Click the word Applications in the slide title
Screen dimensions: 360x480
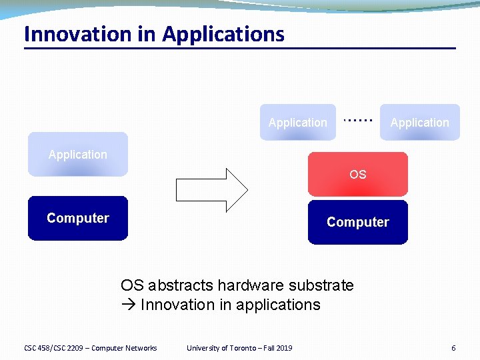pos(223,34)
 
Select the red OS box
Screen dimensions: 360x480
pos(357,174)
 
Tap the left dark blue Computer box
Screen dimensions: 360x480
pos(77,218)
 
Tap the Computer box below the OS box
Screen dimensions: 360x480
pos(357,222)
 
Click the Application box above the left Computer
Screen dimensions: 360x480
pos(77,155)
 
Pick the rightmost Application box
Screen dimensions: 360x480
pos(419,123)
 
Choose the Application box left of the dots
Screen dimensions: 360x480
pos(297,123)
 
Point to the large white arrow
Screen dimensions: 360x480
pos(211,190)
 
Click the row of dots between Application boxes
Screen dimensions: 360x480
pos(357,120)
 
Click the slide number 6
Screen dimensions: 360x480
pos(453,348)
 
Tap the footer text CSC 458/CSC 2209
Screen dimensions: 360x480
pos(54,348)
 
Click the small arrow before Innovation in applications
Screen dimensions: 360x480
pos(129,305)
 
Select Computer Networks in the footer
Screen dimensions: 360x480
pos(124,348)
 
